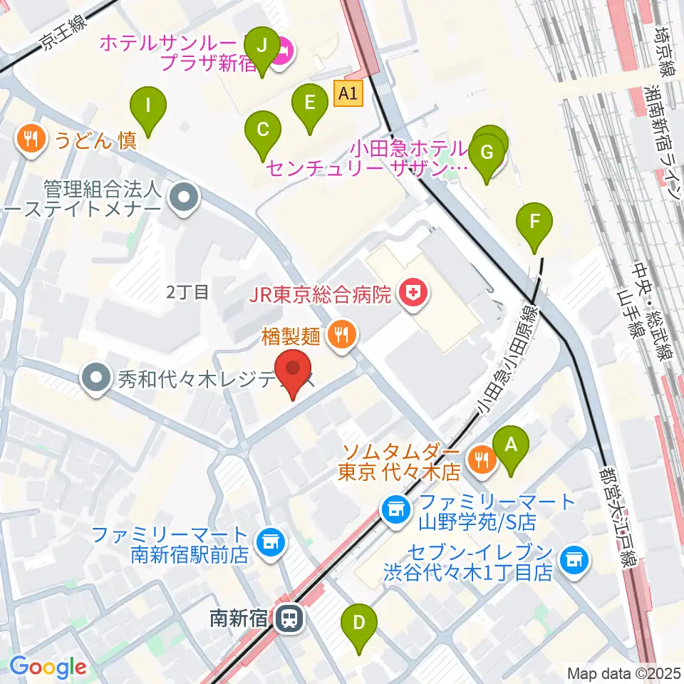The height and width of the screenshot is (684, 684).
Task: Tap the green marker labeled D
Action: point(360,622)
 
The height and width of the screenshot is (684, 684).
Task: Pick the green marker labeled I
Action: point(148,105)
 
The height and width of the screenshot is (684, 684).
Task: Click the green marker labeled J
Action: point(261,46)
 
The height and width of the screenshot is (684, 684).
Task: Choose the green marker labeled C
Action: point(262,130)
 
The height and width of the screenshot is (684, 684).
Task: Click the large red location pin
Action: point(294,367)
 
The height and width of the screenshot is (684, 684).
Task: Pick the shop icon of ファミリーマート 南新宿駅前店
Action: point(270,543)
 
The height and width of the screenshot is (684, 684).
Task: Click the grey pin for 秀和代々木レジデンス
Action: point(94,378)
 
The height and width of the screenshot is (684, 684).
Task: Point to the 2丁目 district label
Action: point(187,291)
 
